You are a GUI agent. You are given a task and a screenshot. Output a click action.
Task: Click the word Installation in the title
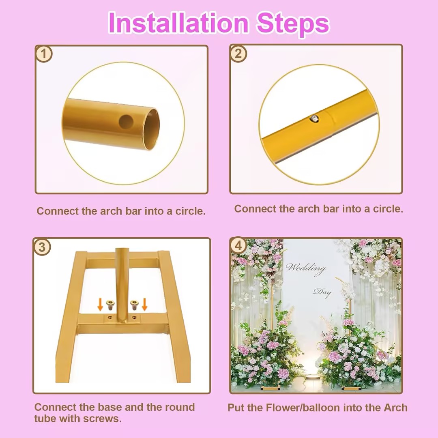tap(178, 23)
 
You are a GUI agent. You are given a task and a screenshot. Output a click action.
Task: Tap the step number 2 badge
tap(238, 54)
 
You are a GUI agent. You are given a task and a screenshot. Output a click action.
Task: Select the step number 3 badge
tap(42, 247)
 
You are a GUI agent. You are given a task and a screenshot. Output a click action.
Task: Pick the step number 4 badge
tap(238, 246)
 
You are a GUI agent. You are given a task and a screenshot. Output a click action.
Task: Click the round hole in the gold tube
tap(126, 122)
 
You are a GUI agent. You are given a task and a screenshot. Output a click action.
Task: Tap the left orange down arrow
tap(100, 305)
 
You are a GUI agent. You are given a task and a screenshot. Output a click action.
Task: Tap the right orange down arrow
tap(144, 305)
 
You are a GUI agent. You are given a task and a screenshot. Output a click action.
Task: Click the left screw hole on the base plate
tap(110, 318)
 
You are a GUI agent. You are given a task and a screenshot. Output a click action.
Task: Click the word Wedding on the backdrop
tap(306, 268)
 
